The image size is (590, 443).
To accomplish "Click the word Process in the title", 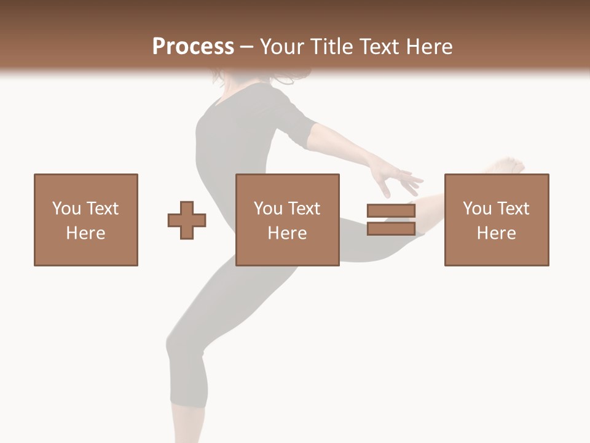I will click(x=193, y=47).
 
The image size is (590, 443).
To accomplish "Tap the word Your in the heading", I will click(x=283, y=47).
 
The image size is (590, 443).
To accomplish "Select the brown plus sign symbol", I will click(x=187, y=220).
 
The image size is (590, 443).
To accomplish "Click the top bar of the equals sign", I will click(x=391, y=211).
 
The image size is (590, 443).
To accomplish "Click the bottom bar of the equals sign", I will click(x=391, y=229).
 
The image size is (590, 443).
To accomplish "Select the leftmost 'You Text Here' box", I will click(x=86, y=220).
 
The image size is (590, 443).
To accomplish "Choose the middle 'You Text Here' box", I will click(x=288, y=220).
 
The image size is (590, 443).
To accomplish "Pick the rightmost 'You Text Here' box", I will click(x=497, y=220).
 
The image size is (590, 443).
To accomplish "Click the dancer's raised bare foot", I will click(x=507, y=166).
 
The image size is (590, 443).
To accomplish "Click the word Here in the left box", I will click(x=85, y=233).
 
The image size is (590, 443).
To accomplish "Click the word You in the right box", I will click(x=477, y=209).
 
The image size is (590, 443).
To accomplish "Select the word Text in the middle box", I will click(x=304, y=209).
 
